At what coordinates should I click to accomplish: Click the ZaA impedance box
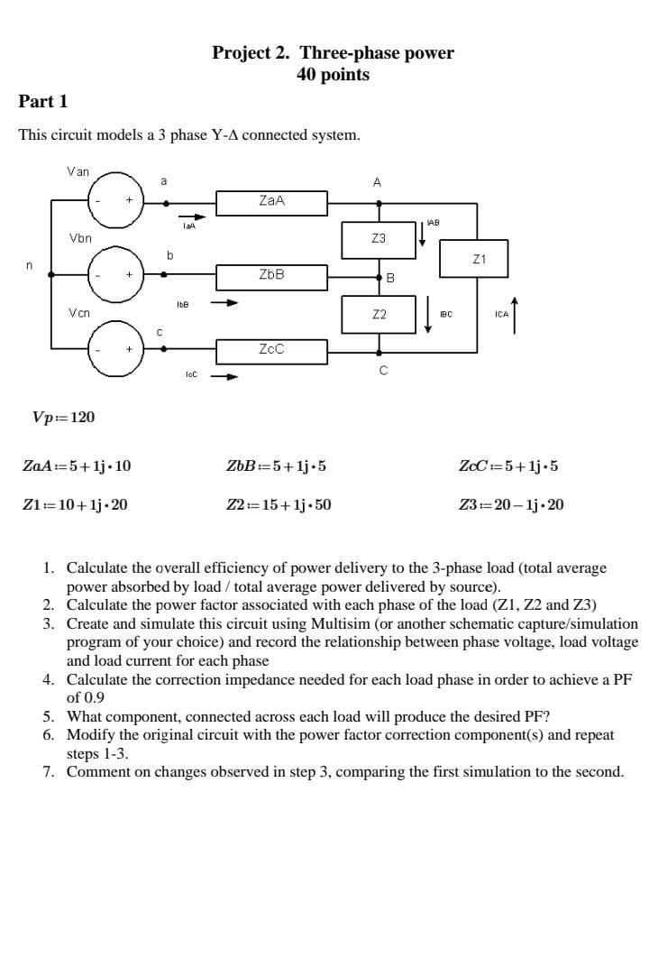271,202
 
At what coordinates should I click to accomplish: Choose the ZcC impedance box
271,348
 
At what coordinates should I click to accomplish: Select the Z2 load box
379,314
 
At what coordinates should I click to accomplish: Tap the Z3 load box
379,238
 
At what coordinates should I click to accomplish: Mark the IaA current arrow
193,216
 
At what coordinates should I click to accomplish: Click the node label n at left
29,265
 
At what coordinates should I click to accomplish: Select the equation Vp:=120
63,417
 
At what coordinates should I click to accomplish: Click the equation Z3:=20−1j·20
511,504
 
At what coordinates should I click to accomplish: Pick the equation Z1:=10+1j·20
75,504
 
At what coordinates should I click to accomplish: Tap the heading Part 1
43,101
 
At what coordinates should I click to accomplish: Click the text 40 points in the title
333,75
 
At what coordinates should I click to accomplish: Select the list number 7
49,771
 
